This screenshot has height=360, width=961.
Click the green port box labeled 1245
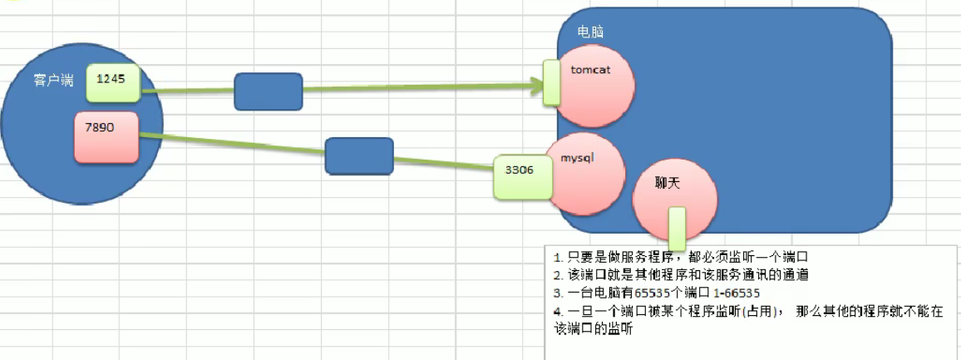click(x=114, y=81)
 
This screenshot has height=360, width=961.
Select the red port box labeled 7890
click(x=106, y=136)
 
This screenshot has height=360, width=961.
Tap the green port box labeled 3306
click(x=520, y=175)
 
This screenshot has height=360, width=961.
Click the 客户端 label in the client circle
click(x=53, y=81)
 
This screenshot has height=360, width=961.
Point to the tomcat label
click(x=591, y=69)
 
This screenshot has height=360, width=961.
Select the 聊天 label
click(x=668, y=183)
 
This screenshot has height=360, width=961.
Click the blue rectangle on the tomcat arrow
click(x=268, y=91)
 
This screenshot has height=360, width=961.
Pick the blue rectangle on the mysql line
click(x=358, y=155)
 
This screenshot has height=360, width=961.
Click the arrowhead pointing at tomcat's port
click(x=536, y=83)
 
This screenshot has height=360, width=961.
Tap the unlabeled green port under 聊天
click(x=677, y=228)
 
